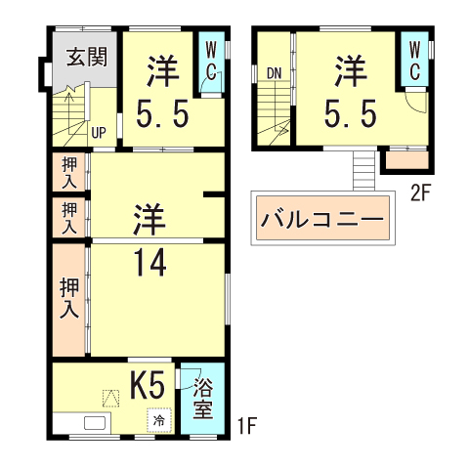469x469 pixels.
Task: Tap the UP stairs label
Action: (98, 132)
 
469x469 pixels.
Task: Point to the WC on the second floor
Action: (413, 61)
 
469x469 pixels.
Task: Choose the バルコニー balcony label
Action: (322, 219)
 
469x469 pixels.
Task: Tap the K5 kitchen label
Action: (147, 385)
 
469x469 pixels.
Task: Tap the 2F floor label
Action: (420, 192)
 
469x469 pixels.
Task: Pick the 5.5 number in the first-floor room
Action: (162, 116)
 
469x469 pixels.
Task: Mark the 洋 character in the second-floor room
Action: (351, 71)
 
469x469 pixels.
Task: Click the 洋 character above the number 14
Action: (148, 217)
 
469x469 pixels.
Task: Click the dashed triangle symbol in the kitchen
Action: (109, 397)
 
